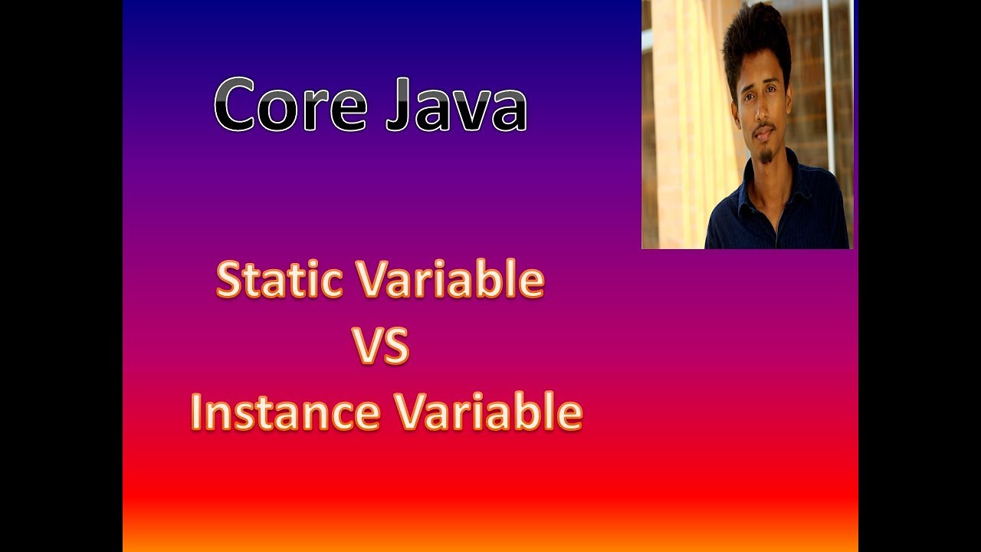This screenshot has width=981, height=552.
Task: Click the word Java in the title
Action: click(x=455, y=105)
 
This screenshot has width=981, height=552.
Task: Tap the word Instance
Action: click(x=285, y=412)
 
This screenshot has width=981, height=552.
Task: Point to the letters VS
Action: click(x=381, y=347)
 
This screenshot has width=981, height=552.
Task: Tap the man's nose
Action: click(x=760, y=113)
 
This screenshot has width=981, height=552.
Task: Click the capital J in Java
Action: click(x=398, y=105)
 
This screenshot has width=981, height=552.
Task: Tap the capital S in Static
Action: click(x=229, y=281)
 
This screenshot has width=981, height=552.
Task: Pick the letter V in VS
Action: click(x=366, y=347)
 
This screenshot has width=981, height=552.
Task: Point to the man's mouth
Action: click(x=763, y=133)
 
